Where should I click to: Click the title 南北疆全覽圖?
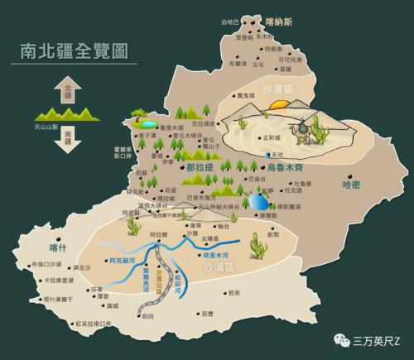click(x=74, y=51)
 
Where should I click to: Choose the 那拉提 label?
click(x=200, y=167)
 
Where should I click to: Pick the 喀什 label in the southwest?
click(x=57, y=247)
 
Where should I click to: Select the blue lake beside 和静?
click(x=260, y=201)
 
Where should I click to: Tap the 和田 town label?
click(x=147, y=315)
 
